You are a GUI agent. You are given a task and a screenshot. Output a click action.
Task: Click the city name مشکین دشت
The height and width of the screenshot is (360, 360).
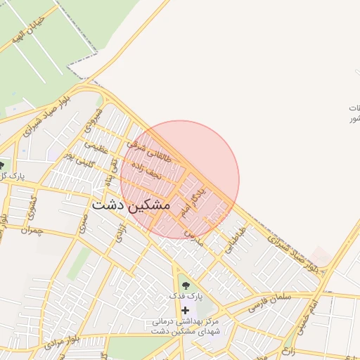coord(131,205)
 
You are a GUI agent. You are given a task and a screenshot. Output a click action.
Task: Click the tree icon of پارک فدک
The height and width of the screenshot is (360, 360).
coord(186,285)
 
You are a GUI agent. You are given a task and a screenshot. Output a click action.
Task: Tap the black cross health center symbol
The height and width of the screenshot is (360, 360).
coord(186,310)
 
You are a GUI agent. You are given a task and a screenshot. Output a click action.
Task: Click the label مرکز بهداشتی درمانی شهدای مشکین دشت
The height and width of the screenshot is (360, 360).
coord(186,326)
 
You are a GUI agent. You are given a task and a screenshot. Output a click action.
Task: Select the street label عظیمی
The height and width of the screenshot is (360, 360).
coord(97,148)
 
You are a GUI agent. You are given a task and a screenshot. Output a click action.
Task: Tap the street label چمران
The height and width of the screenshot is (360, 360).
coord(32,230)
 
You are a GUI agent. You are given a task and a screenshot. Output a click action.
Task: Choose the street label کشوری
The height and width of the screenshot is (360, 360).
coord(30,205)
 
